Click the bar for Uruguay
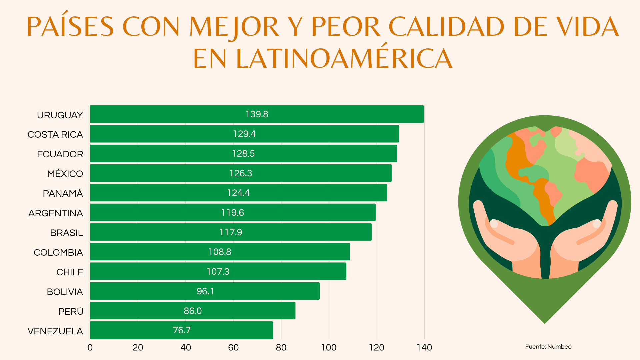pos(257,114)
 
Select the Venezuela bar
pos(181,330)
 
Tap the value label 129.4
pos(244,134)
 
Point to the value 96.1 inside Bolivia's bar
pos(205,291)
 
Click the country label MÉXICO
pos(65,174)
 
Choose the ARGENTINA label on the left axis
pos(56,213)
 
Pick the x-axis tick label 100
pos(329,348)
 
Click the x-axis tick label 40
pos(186,348)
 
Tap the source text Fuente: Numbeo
pos(548,347)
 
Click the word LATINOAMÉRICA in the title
pos(344,59)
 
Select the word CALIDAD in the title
pos(446,27)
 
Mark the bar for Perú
pos(192,311)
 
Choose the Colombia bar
pos(220,252)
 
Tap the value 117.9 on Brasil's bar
pos(231,232)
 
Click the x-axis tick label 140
pos(424,348)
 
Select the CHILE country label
pos(70,272)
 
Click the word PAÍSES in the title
pos(70,27)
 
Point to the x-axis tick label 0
pos(90,348)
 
